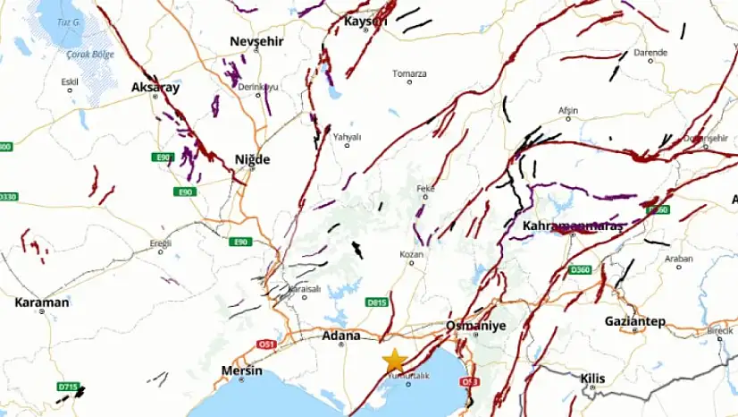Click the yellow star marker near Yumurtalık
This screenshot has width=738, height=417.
coord(394,360)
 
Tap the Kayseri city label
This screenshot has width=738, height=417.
coord(366,21)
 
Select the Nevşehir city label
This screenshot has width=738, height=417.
coord(255,42)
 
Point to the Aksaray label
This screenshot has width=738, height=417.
coord(155,88)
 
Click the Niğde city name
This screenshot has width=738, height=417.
coord(251,159)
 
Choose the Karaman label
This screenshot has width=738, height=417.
coord(41,302)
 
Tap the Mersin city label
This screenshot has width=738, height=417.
coord(241,370)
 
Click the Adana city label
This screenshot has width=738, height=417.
coord(341,336)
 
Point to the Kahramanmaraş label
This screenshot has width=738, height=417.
coord(572,226)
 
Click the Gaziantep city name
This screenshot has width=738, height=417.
coord(635,321)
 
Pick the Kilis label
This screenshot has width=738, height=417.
coord(592,379)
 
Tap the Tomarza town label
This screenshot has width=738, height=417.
coord(410,73)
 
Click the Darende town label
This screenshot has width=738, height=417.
coord(650,53)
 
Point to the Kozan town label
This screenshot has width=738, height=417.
coord(411,255)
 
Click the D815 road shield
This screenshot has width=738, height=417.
coord(377,303)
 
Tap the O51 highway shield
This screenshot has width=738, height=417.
coord(266,344)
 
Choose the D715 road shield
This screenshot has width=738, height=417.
coord(67,387)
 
